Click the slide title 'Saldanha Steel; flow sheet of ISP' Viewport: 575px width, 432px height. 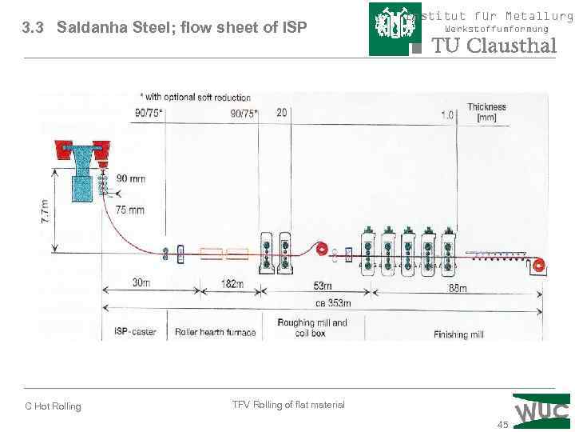164,28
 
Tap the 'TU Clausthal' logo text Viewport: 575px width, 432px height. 494,46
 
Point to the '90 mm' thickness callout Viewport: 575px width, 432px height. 132,178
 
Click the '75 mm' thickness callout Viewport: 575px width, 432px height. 130,210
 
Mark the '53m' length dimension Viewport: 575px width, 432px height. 323,286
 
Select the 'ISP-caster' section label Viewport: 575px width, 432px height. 135,331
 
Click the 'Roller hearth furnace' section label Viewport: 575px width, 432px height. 216,331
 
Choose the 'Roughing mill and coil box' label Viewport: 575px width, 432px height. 311,327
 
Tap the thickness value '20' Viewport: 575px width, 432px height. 281,113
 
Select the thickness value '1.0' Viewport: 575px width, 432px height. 447,115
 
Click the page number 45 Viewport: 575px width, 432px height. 502,423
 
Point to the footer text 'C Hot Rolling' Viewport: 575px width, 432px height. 53,406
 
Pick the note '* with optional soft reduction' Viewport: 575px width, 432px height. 195,98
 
